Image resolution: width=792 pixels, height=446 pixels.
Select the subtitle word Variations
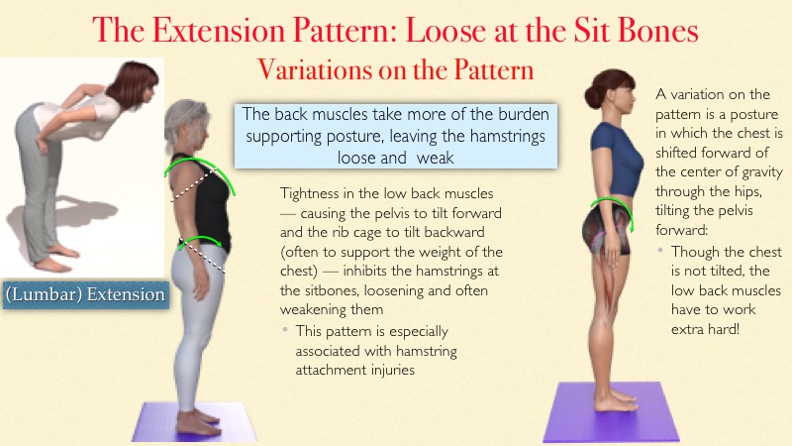(x=314, y=69)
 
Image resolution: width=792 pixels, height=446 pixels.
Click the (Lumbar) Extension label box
(x=86, y=294)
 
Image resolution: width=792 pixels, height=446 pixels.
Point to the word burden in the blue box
(x=524, y=114)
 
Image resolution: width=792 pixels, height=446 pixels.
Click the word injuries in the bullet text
(x=393, y=370)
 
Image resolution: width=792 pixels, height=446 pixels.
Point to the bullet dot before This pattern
(x=285, y=330)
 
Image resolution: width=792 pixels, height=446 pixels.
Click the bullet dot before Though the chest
(x=660, y=251)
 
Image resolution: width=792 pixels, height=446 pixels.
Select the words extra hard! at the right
(x=705, y=329)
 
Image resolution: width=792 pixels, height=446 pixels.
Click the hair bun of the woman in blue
(x=593, y=95)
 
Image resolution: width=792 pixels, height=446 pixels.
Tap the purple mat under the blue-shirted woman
(x=611, y=412)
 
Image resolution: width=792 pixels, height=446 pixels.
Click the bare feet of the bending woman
(x=55, y=257)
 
